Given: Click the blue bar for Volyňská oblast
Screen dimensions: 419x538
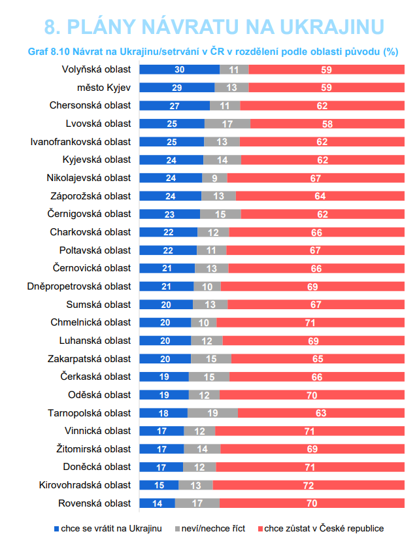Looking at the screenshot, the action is pyautogui.click(x=180, y=70).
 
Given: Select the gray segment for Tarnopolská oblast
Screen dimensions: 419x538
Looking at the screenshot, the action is pyautogui.click(x=212, y=412).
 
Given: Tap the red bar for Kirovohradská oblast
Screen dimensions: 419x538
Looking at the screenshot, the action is pyautogui.click(x=309, y=485).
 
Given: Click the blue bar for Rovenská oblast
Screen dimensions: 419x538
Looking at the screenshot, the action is pyautogui.click(x=157, y=503).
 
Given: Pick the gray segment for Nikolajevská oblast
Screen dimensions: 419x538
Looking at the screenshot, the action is pyautogui.click(x=214, y=178).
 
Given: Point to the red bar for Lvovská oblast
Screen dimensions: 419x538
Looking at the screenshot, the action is pyautogui.click(x=327, y=124).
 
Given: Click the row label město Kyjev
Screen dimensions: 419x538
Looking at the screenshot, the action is pyautogui.click(x=104, y=88).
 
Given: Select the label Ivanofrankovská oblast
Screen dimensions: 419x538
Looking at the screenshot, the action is pyautogui.click(x=80, y=142).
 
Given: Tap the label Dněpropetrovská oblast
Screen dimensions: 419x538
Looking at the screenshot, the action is pyautogui.click(x=79, y=286).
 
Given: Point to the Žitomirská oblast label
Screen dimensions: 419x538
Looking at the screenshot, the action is pyautogui.click(x=93, y=449).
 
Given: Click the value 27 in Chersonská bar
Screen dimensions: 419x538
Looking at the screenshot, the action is pyautogui.click(x=175, y=106).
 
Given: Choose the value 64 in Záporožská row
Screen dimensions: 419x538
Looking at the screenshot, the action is pyautogui.click(x=320, y=196).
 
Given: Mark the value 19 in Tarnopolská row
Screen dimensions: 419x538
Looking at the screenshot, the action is pyautogui.click(x=212, y=413).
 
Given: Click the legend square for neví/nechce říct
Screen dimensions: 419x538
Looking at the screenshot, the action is pyautogui.click(x=177, y=529).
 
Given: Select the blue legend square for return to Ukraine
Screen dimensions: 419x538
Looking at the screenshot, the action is pyautogui.click(x=57, y=529).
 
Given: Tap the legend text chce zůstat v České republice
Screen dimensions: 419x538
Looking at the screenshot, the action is pyautogui.click(x=324, y=528).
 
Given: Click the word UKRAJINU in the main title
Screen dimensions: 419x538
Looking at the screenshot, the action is pyautogui.click(x=332, y=27).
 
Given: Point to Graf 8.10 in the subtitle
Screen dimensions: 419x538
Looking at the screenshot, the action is pyautogui.click(x=49, y=52).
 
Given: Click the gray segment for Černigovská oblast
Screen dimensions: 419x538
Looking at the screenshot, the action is pyautogui.click(x=220, y=214).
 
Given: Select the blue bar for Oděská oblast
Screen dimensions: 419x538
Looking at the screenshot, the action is pyautogui.click(x=164, y=395).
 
